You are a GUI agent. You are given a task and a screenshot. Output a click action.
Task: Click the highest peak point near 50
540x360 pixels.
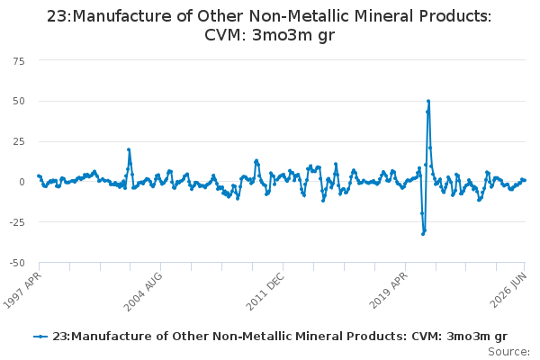428,102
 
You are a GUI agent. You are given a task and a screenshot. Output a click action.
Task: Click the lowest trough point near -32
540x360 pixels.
423,234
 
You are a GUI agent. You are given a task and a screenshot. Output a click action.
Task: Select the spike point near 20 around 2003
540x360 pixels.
129,149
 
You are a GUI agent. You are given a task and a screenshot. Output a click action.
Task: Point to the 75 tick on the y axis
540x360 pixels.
19,61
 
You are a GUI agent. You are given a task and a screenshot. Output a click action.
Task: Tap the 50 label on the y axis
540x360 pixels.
19,102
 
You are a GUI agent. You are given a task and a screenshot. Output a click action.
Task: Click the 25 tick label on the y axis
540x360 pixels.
19,141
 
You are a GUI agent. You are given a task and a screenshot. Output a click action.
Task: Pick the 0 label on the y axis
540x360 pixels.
22,182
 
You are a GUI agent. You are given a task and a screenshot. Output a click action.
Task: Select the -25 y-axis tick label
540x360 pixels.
17,222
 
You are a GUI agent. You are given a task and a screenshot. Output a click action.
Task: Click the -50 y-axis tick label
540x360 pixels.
17,263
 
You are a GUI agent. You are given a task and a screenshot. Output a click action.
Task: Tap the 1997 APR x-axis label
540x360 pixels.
22,290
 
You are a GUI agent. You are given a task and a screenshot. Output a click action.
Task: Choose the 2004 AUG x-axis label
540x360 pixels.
142,292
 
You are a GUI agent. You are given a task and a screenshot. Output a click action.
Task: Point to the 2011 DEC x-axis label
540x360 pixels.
265,292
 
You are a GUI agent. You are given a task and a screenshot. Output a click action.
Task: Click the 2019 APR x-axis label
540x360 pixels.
388,290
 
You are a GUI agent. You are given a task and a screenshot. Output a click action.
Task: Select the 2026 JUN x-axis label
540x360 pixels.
508,290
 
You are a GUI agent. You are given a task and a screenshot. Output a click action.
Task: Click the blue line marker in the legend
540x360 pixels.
40,337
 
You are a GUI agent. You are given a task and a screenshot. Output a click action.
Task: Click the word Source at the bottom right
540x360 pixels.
508,352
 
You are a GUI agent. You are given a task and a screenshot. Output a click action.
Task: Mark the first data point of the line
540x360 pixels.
39,175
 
